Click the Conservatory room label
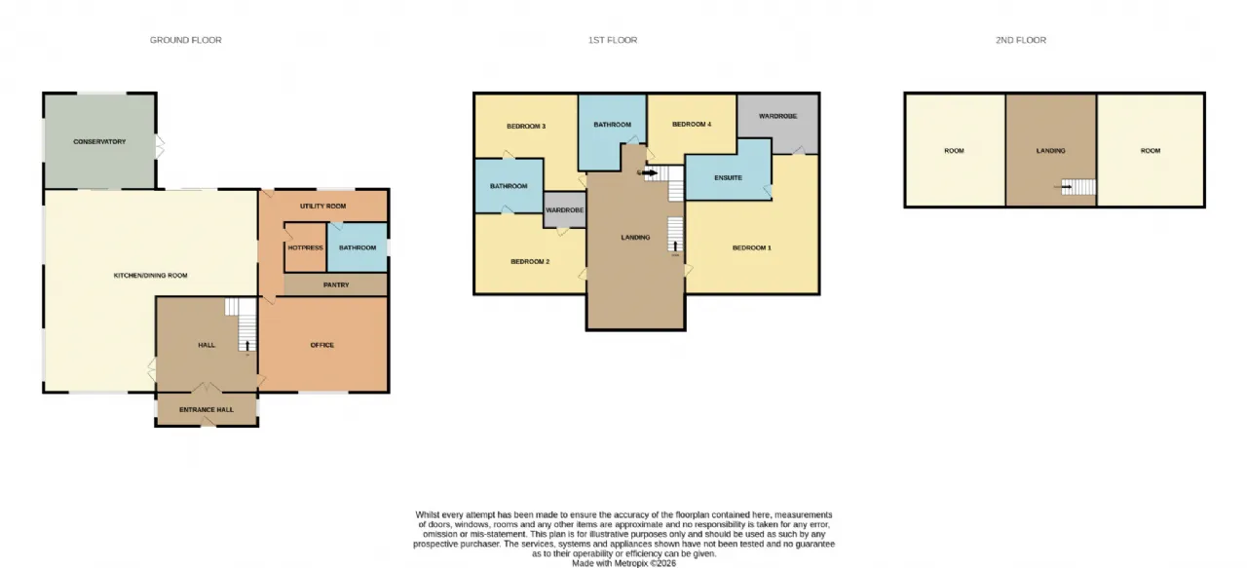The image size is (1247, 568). point(99,141)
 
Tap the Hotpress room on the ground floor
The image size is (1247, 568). point(305,247)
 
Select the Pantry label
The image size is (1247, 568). point(336,284)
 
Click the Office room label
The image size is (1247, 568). point(322,345)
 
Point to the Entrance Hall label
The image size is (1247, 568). point(207,409)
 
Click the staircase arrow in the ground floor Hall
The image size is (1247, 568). point(247,346)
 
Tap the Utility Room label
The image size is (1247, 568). point(322,206)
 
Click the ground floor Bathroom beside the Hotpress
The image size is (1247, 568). point(358,247)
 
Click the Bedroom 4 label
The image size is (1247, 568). point(692,124)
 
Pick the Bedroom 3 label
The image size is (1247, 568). point(526,127)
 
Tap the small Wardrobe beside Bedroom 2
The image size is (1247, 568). point(565,209)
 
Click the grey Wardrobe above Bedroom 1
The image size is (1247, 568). point(778,124)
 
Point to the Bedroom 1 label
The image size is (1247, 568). point(751,247)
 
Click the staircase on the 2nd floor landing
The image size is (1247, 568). point(1078,186)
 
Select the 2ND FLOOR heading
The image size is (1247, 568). point(1021,40)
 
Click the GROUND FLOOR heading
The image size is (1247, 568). point(186,40)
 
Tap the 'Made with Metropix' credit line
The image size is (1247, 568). point(624,563)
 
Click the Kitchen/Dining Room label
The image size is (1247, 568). point(150,275)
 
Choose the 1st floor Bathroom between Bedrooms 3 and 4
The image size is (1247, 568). point(613,132)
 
